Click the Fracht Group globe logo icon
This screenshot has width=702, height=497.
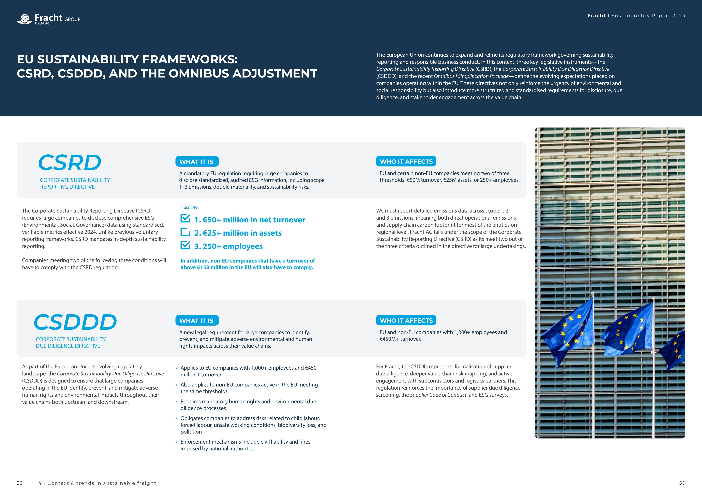24,19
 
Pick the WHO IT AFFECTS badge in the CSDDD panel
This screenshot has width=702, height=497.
406,320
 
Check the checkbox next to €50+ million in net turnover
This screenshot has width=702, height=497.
185,218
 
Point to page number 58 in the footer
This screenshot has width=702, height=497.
20,483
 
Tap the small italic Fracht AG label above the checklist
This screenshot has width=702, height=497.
189,207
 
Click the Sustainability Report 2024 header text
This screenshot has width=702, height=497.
648,16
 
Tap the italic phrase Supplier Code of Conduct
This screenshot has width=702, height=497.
438,395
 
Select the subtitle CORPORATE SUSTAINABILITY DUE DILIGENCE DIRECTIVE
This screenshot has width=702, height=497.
71,342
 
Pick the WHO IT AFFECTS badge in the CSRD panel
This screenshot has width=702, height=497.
406,161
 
